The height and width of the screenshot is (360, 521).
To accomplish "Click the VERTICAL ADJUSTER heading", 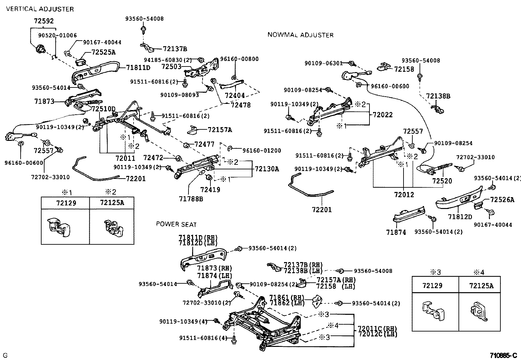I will point(40,9).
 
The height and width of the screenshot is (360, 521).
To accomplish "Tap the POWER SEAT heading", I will point(176,224).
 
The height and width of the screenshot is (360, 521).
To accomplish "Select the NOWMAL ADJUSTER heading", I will point(300,35).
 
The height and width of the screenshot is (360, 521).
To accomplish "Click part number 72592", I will point(44,21).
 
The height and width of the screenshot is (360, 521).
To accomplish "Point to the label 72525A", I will point(103,52).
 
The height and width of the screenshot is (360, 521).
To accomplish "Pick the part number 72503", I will point(171,66).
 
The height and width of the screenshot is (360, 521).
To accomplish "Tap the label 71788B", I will point(191,199).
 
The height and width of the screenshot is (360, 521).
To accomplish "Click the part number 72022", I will point(383,115).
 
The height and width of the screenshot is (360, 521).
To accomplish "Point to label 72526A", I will point(502,199).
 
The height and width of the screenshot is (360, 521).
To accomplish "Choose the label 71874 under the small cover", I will point(396,232).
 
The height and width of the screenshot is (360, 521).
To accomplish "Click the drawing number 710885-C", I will point(503,355).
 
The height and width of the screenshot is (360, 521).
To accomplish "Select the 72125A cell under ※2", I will point(112,203).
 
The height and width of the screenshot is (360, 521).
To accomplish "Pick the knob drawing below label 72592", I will point(40,49).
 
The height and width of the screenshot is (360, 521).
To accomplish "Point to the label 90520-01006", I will point(57,35).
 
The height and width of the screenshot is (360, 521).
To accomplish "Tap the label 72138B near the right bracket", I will point(438,96).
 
